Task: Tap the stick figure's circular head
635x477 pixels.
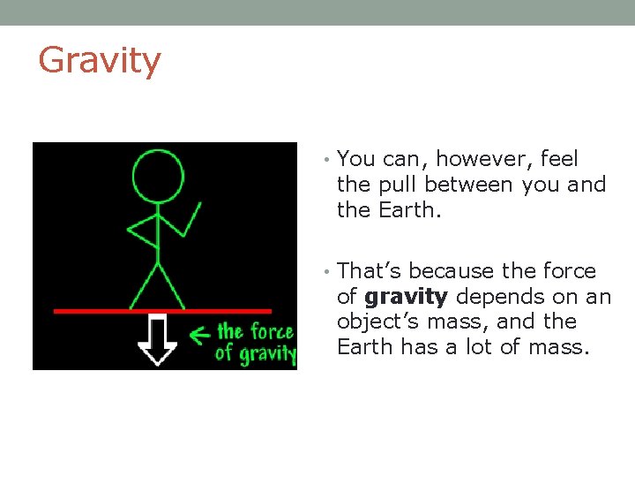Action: [158, 176]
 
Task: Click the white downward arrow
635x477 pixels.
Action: [159, 339]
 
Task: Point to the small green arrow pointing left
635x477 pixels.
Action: [201, 335]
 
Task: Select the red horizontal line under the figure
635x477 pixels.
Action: [162, 311]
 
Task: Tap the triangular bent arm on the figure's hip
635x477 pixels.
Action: [143, 232]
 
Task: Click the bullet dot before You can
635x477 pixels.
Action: [325, 160]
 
